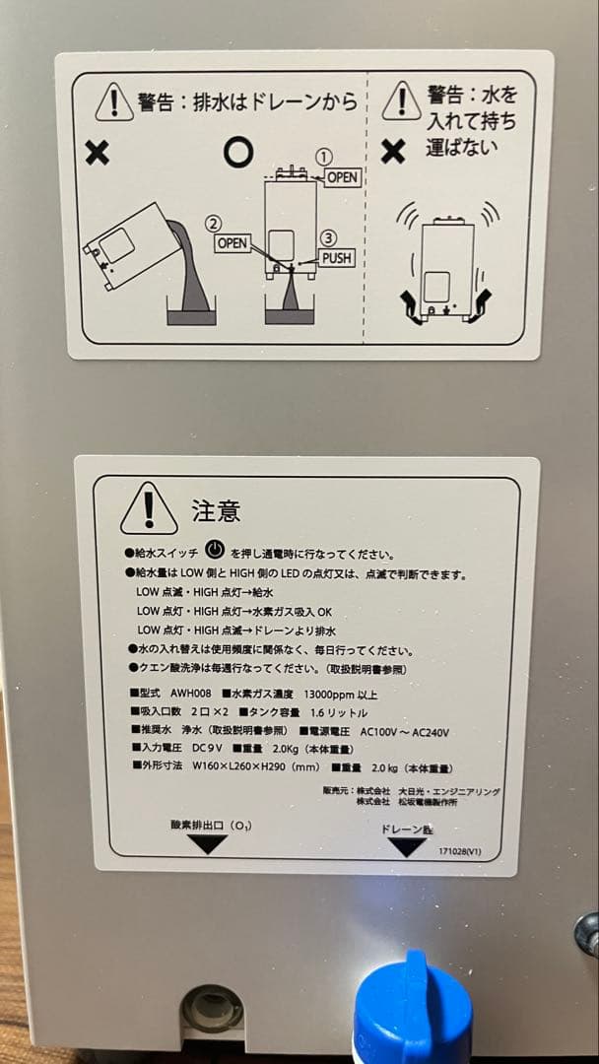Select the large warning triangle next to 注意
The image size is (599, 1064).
(149, 507)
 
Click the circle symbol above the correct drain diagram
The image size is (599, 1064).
(237, 152)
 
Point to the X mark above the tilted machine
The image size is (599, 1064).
(97, 154)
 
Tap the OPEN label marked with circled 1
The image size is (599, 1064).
(342, 177)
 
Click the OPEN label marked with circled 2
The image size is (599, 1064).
(233, 241)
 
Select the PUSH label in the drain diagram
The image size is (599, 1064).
(336, 258)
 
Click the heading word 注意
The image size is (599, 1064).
(216, 511)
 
